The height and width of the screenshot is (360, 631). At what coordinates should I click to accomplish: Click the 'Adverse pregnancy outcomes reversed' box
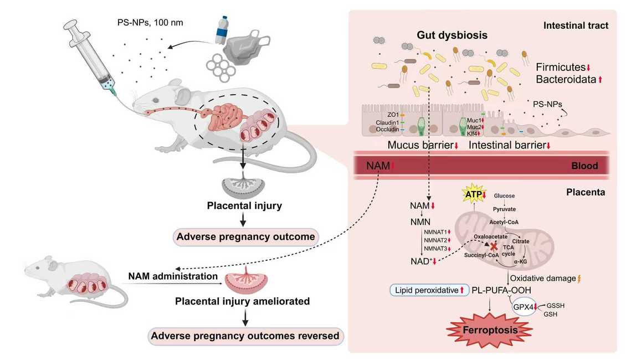click(x=245, y=336)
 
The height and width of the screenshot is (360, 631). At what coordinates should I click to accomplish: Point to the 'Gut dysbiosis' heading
click(x=452, y=35)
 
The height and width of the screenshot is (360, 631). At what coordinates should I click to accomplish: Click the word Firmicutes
click(x=561, y=67)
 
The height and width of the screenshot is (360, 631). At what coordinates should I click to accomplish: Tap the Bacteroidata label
click(x=565, y=80)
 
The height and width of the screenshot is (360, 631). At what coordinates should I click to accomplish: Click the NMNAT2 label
click(x=435, y=240)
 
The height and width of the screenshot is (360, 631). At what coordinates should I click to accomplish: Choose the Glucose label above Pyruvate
click(x=504, y=196)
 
